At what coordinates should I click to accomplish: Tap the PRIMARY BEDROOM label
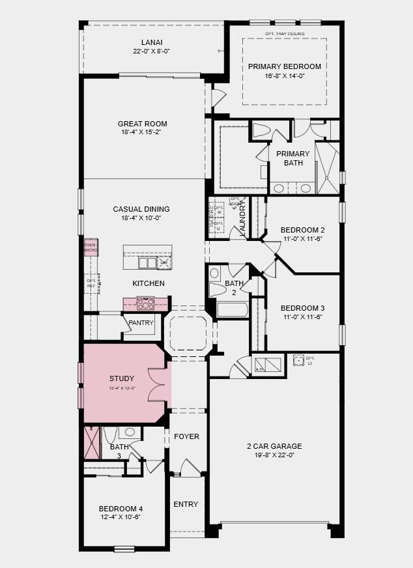[284, 66]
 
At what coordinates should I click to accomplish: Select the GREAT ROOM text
[142, 124]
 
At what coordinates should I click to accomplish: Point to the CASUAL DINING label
[141, 209]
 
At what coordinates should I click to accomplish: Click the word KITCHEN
[149, 283]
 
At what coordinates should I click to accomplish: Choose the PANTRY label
[141, 322]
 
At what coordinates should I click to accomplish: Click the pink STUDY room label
[122, 378]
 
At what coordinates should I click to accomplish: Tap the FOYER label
[186, 436]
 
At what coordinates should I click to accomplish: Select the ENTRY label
[186, 504]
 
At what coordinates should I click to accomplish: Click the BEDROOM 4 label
[121, 509]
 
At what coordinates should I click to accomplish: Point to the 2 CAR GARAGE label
[274, 446]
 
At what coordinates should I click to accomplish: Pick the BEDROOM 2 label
[302, 230]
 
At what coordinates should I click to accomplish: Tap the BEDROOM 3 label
[302, 308]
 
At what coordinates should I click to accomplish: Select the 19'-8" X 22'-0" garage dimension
[274, 455]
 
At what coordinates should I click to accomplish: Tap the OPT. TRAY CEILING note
[285, 34]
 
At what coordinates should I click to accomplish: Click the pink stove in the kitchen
[145, 303]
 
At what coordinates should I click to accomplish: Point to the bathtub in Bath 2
[233, 309]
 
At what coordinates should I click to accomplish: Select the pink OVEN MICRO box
[91, 248]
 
